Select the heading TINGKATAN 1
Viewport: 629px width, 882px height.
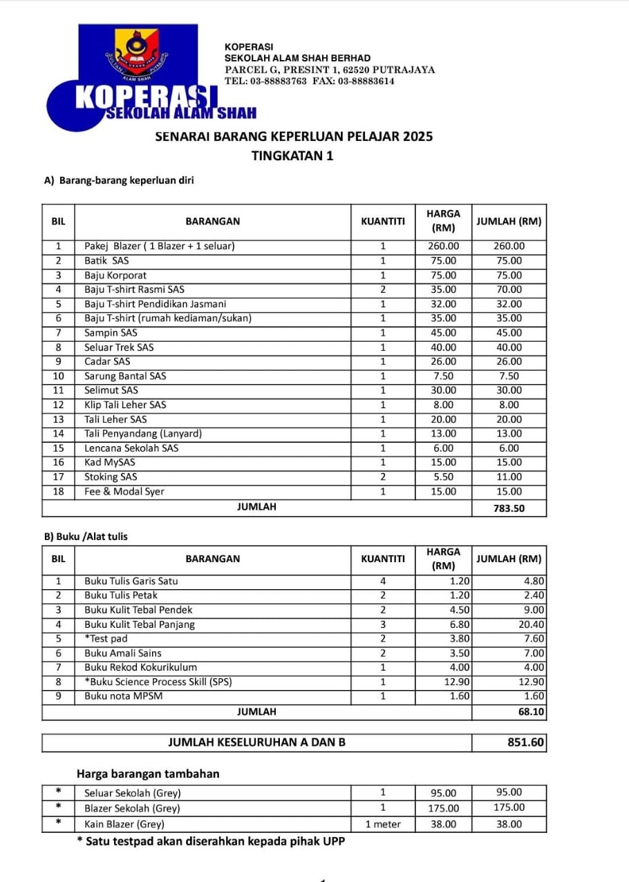click(x=292, y=156)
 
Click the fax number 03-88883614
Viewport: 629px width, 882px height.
click(x=366, y=81)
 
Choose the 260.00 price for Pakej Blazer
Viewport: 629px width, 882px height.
click(x=443, y=247)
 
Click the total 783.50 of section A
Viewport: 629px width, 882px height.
click(x=509, y=508)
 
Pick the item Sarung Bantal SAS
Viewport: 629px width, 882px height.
click(x=125, y=376)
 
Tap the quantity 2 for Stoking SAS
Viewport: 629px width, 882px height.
click(x=383, y=477)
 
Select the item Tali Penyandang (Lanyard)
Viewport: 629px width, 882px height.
click(x=143, y=434)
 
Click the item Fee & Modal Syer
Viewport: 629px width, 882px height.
click(x=124, y=492)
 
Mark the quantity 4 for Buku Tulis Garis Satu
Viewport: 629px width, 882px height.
click(x=383, y=581)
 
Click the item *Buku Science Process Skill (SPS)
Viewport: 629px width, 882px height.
click(x=158, y=682)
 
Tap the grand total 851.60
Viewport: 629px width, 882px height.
click(x=526, y=742)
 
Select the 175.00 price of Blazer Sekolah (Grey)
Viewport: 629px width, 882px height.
click(x=443, y=808)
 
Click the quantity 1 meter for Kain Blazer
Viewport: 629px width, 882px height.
click(x=383, y=824)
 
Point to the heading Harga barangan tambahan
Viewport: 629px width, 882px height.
click(x=148, y=774)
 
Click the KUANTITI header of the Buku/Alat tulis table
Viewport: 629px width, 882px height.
click(x=383, y=559)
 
